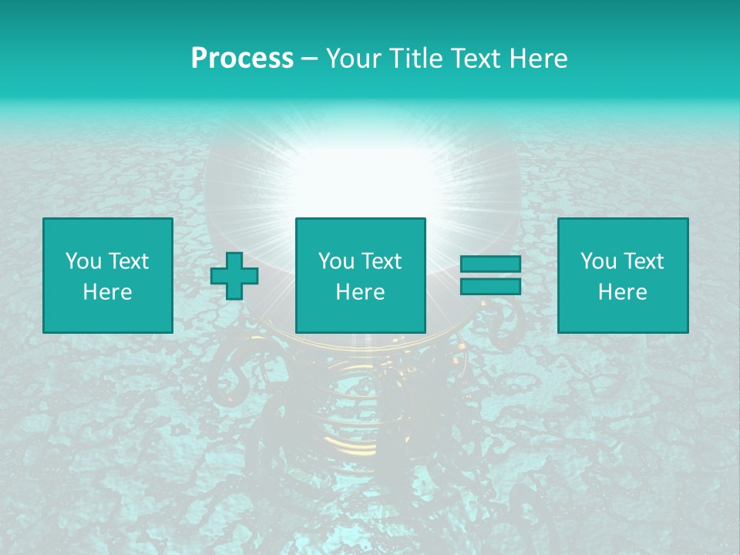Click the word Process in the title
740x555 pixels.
(x=242, y=59)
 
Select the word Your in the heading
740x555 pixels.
(x=351, y=59)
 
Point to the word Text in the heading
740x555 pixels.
(x=476, y=59)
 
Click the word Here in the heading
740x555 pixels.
(x=538, y=59)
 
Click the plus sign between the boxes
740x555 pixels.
(x=234, y=275)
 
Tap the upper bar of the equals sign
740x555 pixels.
(x=490, y=264)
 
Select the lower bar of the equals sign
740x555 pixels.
(x=490, y=286)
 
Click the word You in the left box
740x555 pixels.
(x=84, y=261)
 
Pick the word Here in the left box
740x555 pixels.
(x=107, y=292)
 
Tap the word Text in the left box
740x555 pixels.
(x=128, y=261)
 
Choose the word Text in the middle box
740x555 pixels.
(x=381, y=261)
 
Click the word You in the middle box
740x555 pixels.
(x=337, y=261)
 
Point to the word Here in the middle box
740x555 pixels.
(x=360, y=292)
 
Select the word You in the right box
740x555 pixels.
(x=599, y=261)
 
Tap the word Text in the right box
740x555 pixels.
(x=643, y=261)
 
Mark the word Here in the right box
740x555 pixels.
(x=622, y=292)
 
